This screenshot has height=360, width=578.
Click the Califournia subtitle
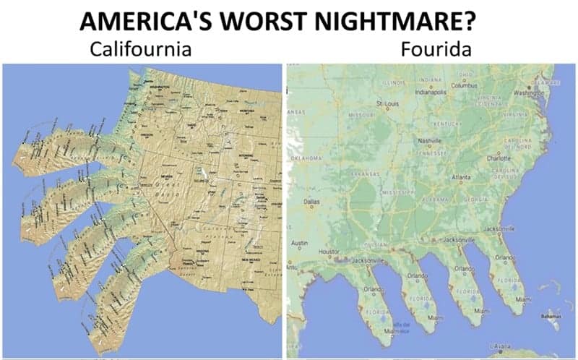(x=140, y=50)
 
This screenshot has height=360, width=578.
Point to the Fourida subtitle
(x=430, y=50)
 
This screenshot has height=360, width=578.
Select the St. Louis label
(x=389, y=103)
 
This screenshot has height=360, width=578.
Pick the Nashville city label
(x=429, y=140)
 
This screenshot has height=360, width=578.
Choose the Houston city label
(x=329, y=250)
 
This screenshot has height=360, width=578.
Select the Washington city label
(x=529, y=93)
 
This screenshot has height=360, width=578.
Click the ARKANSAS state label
(x=365, y=174)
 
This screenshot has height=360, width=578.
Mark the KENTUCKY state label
(x=445, y=125)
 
